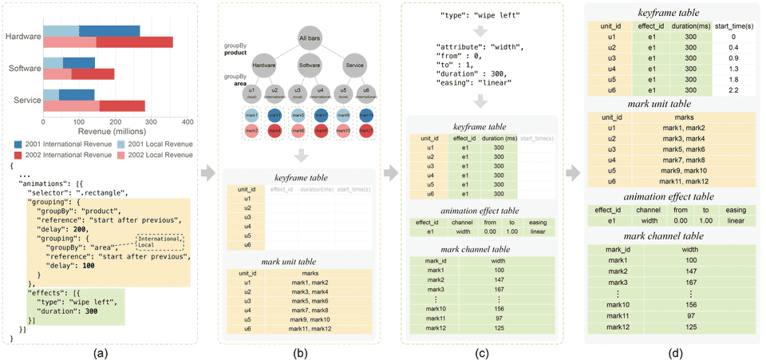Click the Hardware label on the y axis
click(22, 37)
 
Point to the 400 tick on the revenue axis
click(188, 122)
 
